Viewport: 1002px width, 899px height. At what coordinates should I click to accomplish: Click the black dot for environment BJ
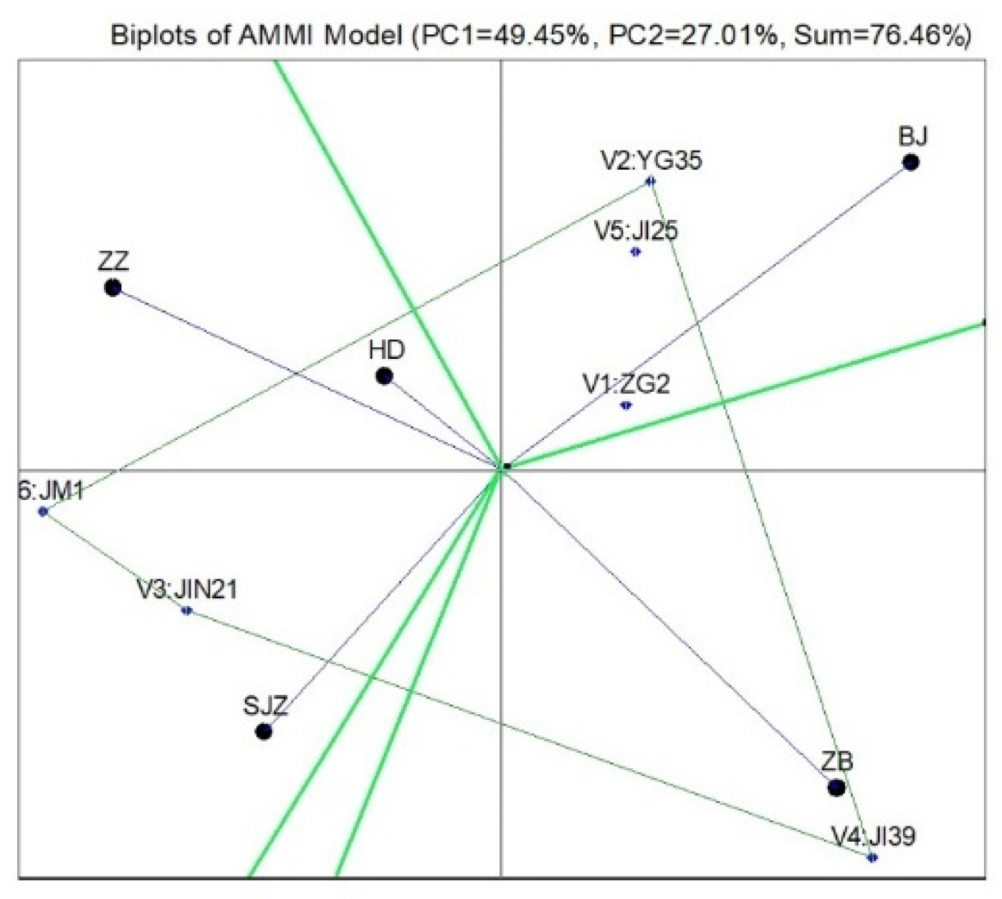click(x=910, y=163)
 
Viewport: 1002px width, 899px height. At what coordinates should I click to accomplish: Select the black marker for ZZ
click(x=113, y=288)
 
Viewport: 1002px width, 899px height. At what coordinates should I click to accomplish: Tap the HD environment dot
click(x=384, y=376)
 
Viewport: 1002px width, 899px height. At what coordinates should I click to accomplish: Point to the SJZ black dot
click(x=264, y=731)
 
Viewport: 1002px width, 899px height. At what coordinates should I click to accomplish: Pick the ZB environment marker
click(x=836, y=787)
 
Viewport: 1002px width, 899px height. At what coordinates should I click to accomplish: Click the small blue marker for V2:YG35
click(x=650, y=181)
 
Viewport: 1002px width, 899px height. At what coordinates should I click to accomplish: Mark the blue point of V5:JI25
click(x=636, y=251)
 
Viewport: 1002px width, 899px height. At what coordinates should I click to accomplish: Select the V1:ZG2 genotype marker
click(x=626, y=405)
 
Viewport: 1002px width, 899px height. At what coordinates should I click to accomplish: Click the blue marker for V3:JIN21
click(x=186, y=610)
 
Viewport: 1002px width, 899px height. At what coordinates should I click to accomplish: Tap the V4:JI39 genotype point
click(x=872, y=857)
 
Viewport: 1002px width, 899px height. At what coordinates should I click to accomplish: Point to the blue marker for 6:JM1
click(x=43, y=511)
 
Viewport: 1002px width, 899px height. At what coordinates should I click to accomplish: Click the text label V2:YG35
click(x=651, y=160)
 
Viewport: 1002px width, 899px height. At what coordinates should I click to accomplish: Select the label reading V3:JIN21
click(x=187, y=590)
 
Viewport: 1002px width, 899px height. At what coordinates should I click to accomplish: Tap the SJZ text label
click(x=265, y=706)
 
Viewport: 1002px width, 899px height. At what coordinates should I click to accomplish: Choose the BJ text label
click(x=912, y=136)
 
